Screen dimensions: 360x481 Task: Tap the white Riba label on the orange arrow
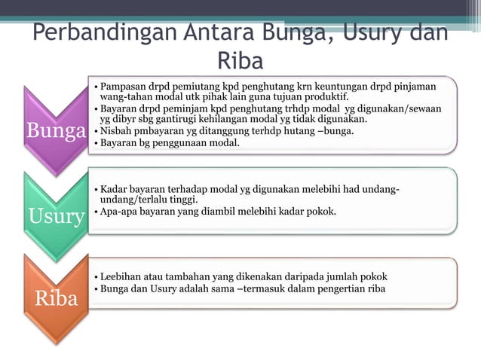coord(56,298)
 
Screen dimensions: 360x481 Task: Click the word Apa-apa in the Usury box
coord(120,211)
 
